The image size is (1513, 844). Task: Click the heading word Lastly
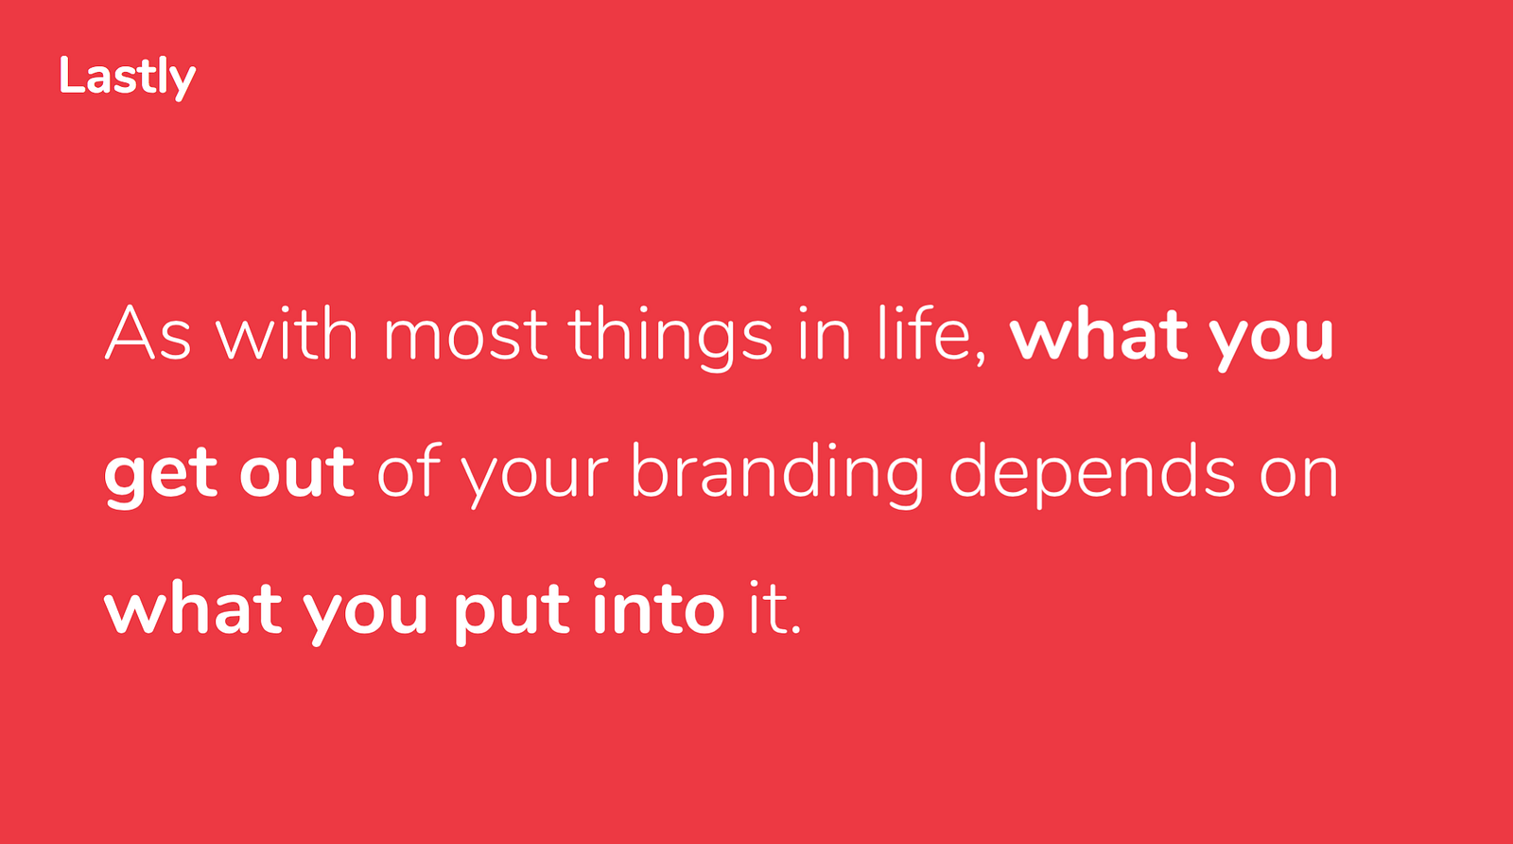pyautogui.click(x=127, y=78)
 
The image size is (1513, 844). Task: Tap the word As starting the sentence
pyautogui.click(x=148, y=335)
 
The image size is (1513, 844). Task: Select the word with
pyautogui.click(x=287, y=334)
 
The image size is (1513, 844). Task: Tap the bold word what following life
pyautogui.click(x=1098, y=335)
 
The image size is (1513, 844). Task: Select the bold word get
pyautogui.click(x=162, y=476)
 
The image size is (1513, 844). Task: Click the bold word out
pyautogui.click(x=297, y=472)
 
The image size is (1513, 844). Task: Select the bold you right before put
pyautogui.click(x=364, y=615)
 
